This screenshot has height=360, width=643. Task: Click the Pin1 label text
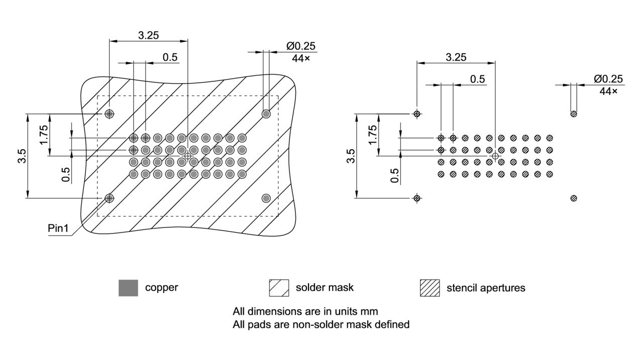tap(58, 228)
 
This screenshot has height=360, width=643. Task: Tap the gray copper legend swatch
tap(128, 288)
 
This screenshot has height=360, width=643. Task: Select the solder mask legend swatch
tap(279, 288)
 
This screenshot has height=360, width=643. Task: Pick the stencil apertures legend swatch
tap(430, 288)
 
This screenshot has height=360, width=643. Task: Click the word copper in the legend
tap(161, 288)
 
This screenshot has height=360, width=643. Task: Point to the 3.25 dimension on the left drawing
tap(149, 35)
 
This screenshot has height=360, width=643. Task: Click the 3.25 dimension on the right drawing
tap(456, 57)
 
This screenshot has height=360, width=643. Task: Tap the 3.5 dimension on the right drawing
tap(351, 156)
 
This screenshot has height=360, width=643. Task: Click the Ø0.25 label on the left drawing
tap(301, 46)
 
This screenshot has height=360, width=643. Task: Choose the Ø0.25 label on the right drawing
tap(608, 79)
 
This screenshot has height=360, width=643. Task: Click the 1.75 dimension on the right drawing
tap(372, 135)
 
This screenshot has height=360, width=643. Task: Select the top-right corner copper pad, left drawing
tap(266, 114)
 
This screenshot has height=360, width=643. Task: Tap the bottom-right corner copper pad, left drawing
tap(266, 198)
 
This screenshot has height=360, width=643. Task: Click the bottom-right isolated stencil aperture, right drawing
tap(574, 198)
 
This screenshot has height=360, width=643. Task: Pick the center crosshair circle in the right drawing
tap(495, 156)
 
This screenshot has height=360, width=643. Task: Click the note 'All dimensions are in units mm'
tap(305, 311)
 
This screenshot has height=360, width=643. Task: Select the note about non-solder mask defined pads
tap(320, 324)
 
